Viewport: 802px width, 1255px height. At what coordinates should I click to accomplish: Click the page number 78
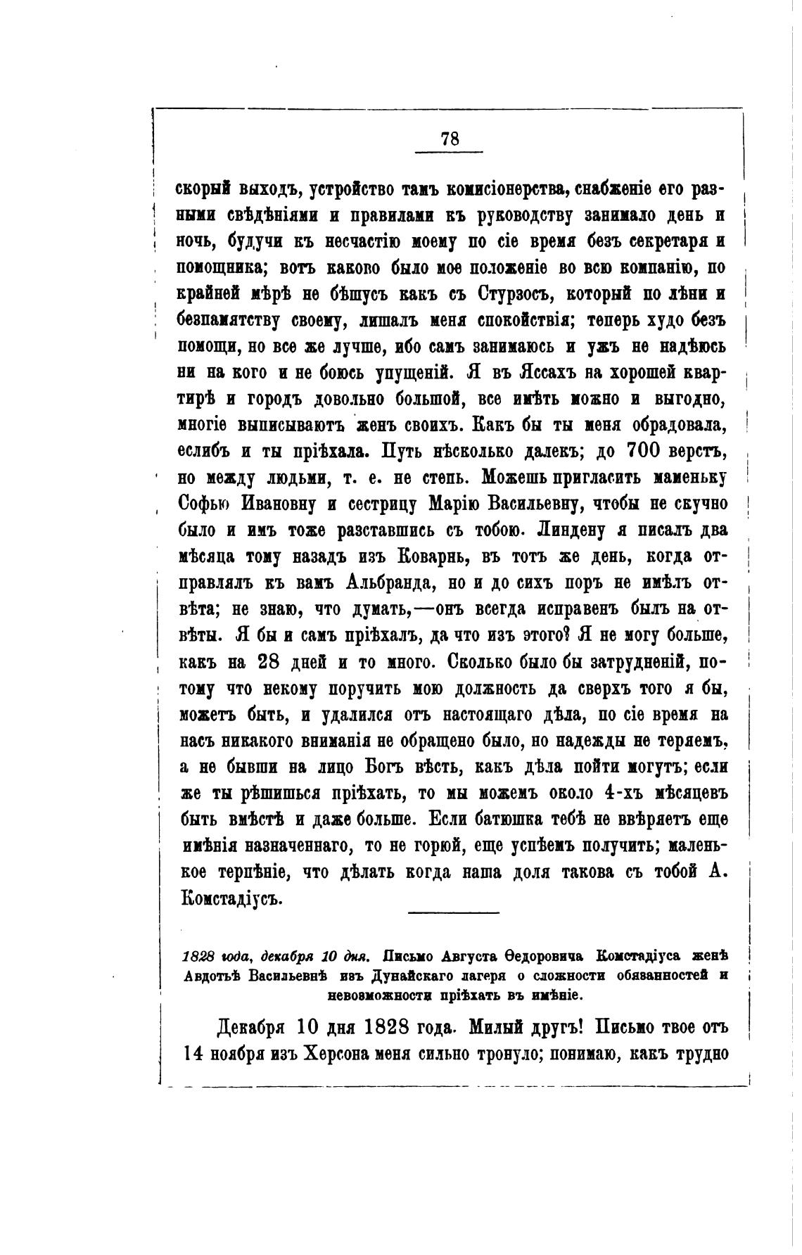(450, 139)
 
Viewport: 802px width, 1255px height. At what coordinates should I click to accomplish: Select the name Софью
(208, 504)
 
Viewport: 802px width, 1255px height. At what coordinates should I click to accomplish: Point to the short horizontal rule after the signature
(453, 913)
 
